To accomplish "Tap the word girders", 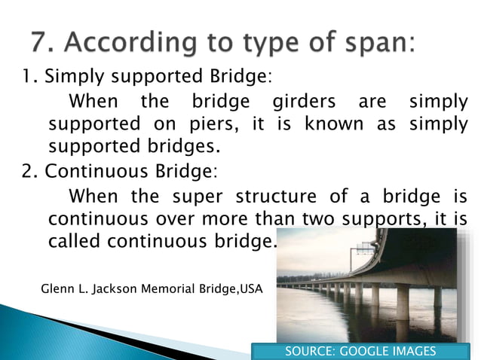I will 296,102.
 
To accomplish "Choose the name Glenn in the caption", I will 57,288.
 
